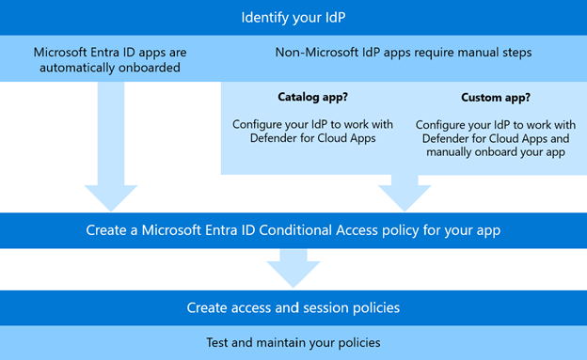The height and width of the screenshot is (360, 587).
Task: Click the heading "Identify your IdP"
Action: pos(293,18)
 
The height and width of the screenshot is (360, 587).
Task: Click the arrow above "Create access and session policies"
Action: pos(293,273)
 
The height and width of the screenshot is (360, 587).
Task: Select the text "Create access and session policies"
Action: pos(293,307)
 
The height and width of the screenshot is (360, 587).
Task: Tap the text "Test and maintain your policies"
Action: pos(293,342)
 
